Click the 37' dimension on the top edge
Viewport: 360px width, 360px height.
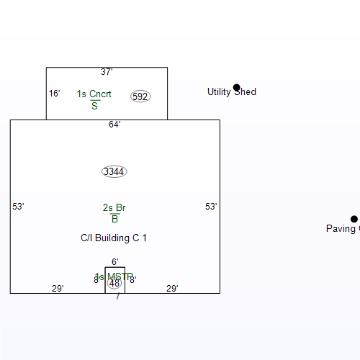(107, 72)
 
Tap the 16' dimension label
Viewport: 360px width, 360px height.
(54, 94)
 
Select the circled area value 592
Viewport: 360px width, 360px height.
(140, 96)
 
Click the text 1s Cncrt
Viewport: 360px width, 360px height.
(94, 94)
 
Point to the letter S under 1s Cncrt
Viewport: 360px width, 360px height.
(94, 106)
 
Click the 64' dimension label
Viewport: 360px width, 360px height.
(114, 125)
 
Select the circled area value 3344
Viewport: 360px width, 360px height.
(114, 171)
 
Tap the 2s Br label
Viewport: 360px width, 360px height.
(114, 208)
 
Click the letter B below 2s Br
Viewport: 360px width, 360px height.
(114, 219)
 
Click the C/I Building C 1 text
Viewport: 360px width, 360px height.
(114, 238)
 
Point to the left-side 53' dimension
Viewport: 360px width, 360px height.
(19, 207)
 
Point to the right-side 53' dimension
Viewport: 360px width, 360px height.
(211, 207)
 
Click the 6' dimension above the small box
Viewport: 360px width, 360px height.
(114, 262)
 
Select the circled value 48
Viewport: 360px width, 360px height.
(114, 284)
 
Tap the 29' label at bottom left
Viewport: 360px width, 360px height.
(58, 289)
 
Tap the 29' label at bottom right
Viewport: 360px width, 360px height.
(172, 289)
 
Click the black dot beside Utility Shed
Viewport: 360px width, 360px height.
(236, 87)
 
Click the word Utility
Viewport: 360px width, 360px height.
(218, 92)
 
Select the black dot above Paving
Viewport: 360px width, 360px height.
(354, 219)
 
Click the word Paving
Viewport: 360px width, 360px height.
(341, 229)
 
